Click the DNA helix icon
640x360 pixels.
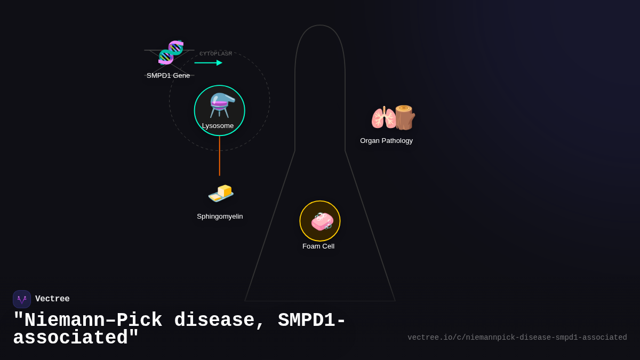click(x=171, y=52)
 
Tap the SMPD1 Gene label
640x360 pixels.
click(x=168, y=76)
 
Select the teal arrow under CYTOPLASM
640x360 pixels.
click(x=208, y=63)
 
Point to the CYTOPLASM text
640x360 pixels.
click(x=215, y=54)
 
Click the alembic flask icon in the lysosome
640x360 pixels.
click(x=221, y=105)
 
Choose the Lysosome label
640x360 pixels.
click(x=218, y=126)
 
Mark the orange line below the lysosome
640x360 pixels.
click(x=220, y=156)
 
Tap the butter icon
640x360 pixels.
click(x=221, y=193)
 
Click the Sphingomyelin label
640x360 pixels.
click(x=220, y=217)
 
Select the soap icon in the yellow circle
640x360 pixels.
click(x=322, y=221)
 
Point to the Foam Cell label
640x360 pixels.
click(x=318, y=246)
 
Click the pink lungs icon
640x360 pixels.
click(x=383, y=118)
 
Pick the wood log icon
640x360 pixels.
click(x=405, y=117)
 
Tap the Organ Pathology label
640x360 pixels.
click(x=386, y=141)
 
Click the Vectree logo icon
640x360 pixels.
click(x=22, y=299)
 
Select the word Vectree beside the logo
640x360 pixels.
click(x=52, y=299)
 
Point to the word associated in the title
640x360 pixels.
click(x=70, y=338)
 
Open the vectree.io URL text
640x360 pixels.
click(x=517, y=338)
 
